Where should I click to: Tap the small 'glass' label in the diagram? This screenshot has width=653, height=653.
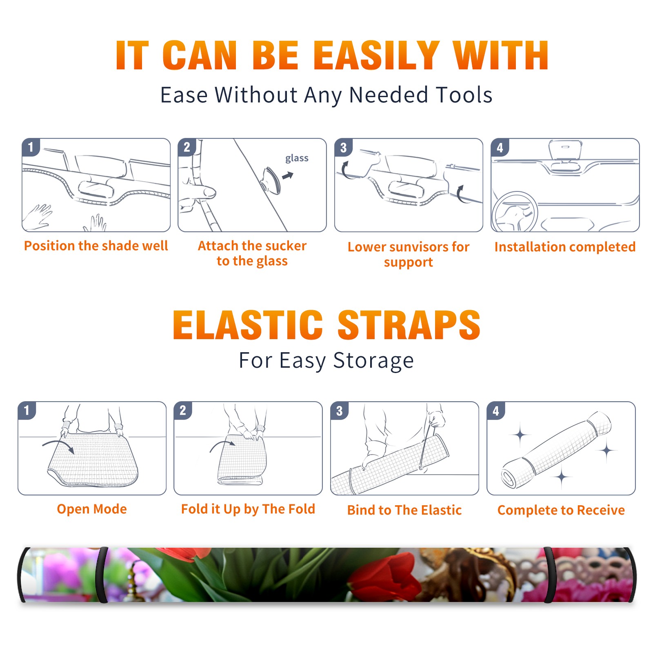(x=297, y=158)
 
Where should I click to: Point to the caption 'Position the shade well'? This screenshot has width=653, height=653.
(x=96, y=246)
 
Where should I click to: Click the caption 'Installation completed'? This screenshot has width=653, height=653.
(x=565, y=247)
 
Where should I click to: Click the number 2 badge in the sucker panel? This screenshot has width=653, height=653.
(x=187, y=147)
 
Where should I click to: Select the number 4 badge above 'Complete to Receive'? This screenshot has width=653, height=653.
(x=496, y=411)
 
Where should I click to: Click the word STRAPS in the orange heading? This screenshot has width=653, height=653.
(x=409, y=325)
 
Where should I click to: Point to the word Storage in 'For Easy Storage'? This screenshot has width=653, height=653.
(x=373, y=361)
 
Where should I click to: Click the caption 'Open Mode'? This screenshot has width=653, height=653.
(x=92, y=509)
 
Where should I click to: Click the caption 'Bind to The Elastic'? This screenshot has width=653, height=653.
(x=404, y=510)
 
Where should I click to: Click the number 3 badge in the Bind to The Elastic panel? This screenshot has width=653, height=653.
(x=340, y=411)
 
